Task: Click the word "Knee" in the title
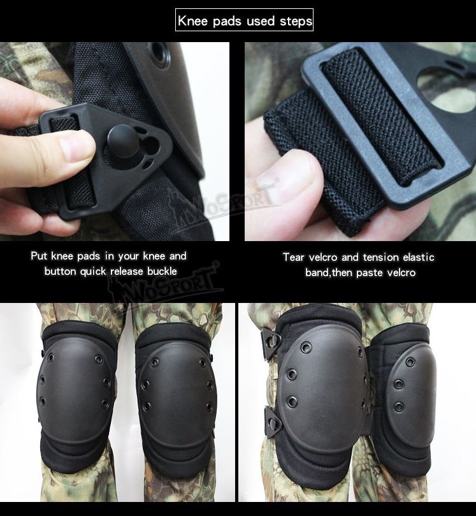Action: [192, 21]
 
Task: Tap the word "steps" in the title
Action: [295, 21]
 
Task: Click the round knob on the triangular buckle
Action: [120, 136]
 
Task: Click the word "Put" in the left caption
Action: [41, 256]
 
